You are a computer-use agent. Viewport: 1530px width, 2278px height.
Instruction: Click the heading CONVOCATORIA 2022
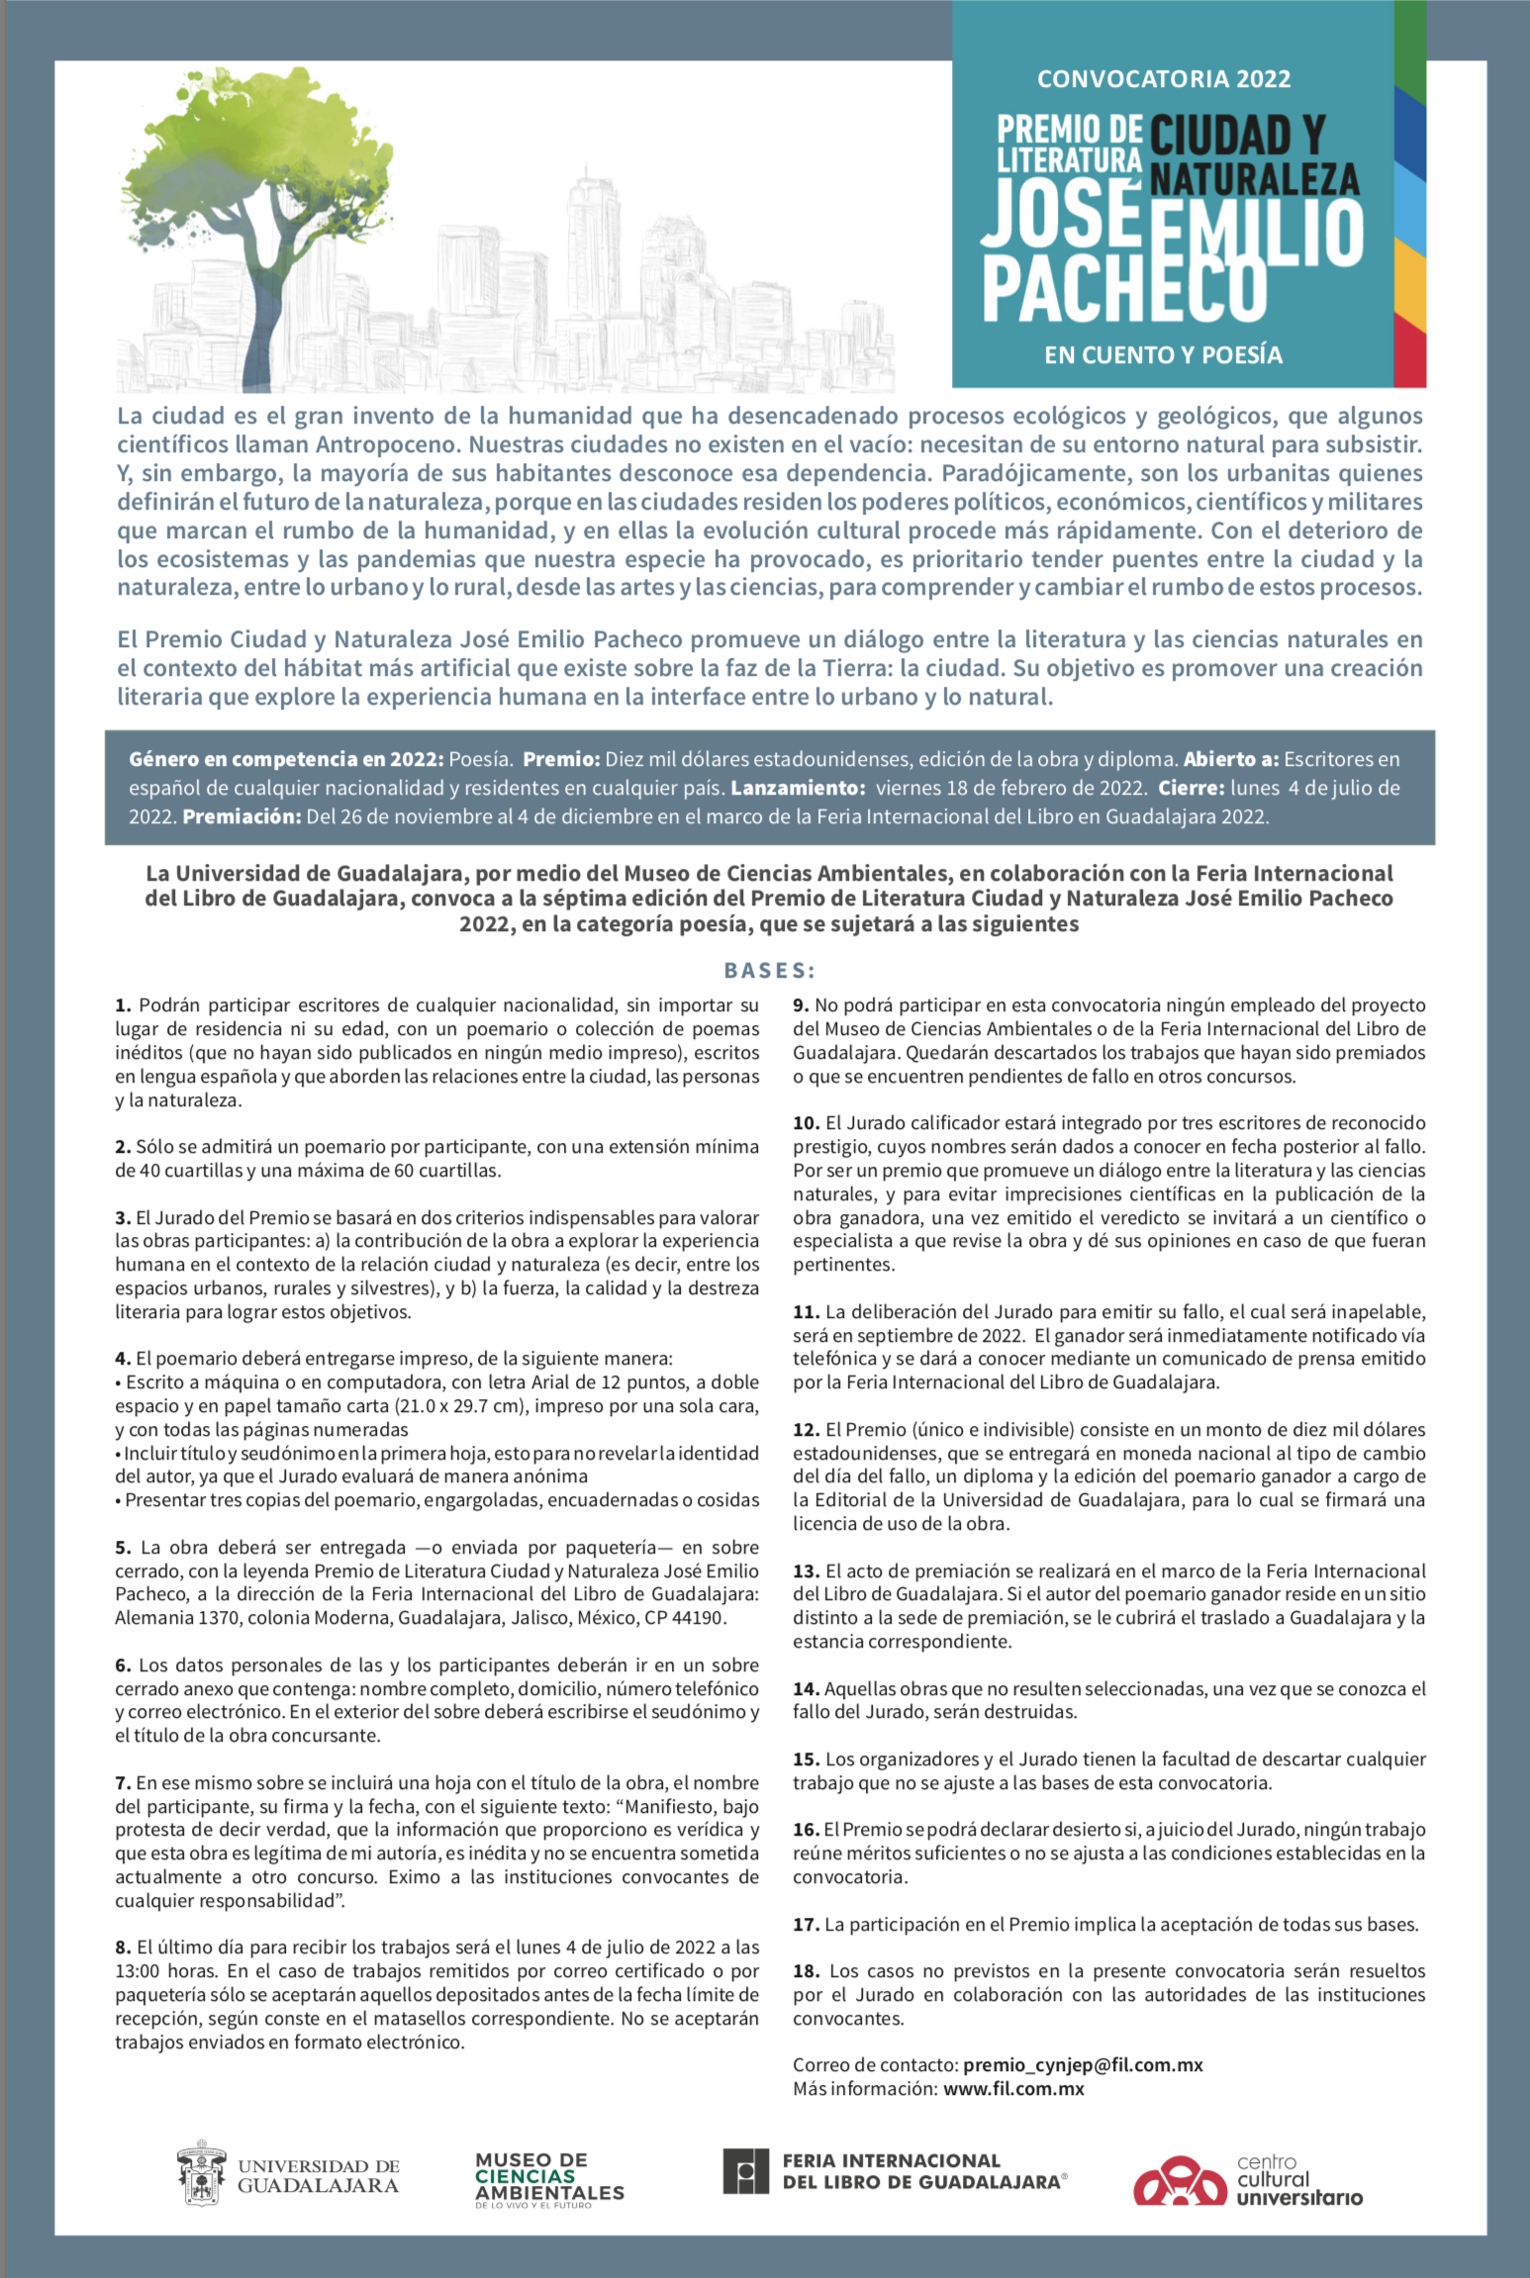pyautogui.click(x=1163, y=79)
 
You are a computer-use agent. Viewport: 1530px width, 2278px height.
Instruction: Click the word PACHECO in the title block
pyautogui.click(x=1124, y=289)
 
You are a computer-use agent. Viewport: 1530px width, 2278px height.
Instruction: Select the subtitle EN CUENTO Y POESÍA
pyautogui.click(x=1163, y=355)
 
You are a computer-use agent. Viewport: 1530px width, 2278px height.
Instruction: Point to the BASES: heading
pyautogui.click(x=770, y=970)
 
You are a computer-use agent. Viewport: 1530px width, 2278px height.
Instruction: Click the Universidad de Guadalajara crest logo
pyautogui.click(x=202, y=2174)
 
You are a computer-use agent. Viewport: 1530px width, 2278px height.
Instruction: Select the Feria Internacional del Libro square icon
pyautogui.click(x=746, y=2171)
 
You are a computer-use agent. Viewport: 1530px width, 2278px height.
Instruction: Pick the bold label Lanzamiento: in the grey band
pyautogui.click(x=798, y=789)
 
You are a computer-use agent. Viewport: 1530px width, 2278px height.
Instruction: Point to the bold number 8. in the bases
pyautogui.click(x=123, y=1947)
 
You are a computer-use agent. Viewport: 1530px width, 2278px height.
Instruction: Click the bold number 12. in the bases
pyautogui.click(x=806, y=1430)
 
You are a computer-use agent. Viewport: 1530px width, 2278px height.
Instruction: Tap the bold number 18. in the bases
pyautogui.click(x=806, y=1971)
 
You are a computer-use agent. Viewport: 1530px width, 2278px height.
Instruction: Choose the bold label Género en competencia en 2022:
pyautogui.click(x=286, y=760)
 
